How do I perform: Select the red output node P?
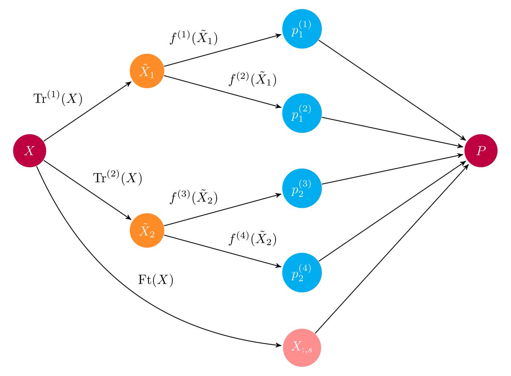(481, 151)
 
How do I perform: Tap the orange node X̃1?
(147, 72)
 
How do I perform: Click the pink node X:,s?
(302, 348)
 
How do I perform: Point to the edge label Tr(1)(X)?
(57, 98)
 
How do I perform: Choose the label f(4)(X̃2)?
(253, 239)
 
